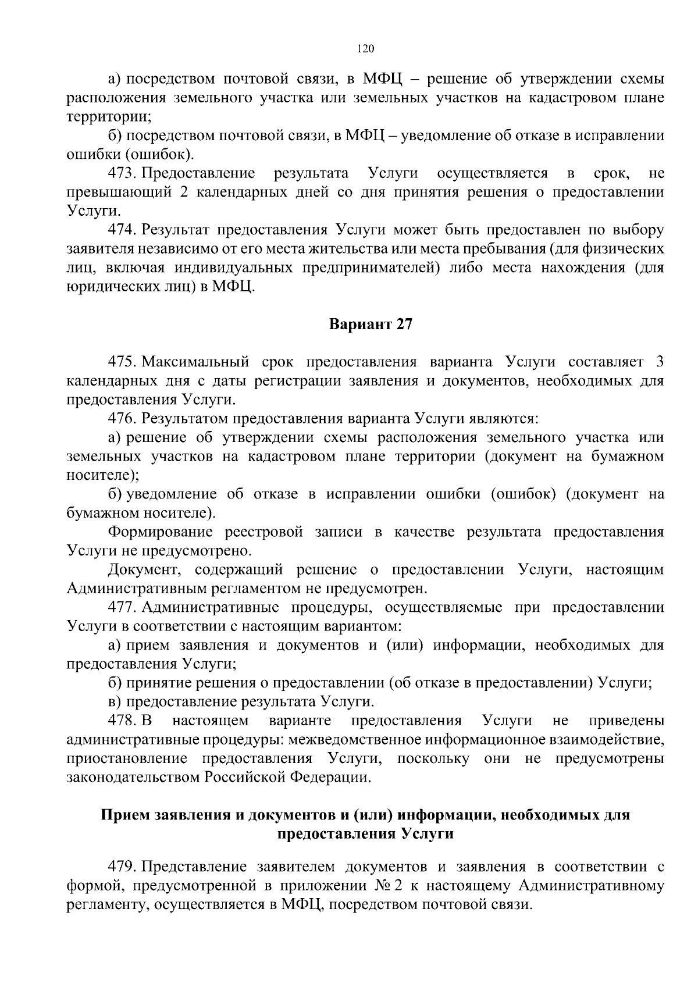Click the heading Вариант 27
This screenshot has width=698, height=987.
coord(371,325)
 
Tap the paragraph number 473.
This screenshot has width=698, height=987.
coord(122,173)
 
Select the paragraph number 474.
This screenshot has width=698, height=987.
coord(122,230)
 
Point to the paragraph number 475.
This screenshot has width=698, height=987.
coord(122,362)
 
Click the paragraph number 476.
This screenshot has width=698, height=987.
coord(122,419)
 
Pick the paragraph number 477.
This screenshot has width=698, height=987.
coord(122,608)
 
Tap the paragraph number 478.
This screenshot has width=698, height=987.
coord(122,721)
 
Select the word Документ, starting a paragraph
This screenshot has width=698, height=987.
coord(145,570)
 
